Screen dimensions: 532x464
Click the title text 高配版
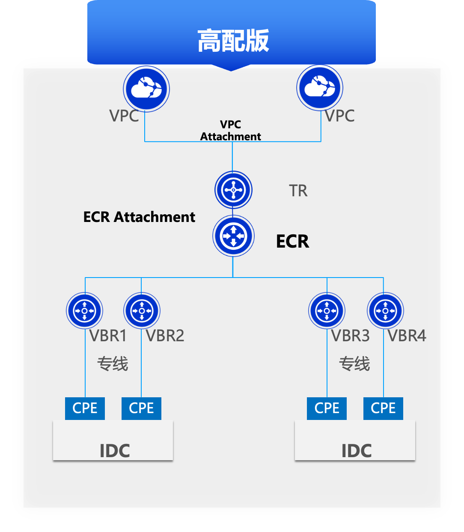tap(233, 41)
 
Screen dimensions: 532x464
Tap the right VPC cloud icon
tap(320, 88)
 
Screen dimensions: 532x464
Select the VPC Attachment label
tap(231, 130)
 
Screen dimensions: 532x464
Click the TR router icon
tap(233, 190)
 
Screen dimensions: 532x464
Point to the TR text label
tap(298, 191)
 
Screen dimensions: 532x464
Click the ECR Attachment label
tap(139, 217)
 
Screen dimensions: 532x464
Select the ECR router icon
tap(233, 236)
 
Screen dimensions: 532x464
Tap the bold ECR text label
tap(292, 242)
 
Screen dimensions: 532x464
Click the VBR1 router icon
tap(85, 311)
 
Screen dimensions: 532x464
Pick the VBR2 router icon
tap(142, 311)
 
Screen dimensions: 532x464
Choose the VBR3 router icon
tap(327, 311)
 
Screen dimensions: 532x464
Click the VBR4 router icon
tap(385, 311)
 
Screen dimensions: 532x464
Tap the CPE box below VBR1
tap(85, 408)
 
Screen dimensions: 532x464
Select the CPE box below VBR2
tap(141, 408)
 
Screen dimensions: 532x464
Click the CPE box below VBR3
tap(327, 408)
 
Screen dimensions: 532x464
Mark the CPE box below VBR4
tap(383, 408)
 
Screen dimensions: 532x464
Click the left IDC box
tap(113, 440)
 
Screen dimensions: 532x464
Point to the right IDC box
tap(355, 440)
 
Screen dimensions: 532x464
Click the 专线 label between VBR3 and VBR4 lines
tap(354, 364)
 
